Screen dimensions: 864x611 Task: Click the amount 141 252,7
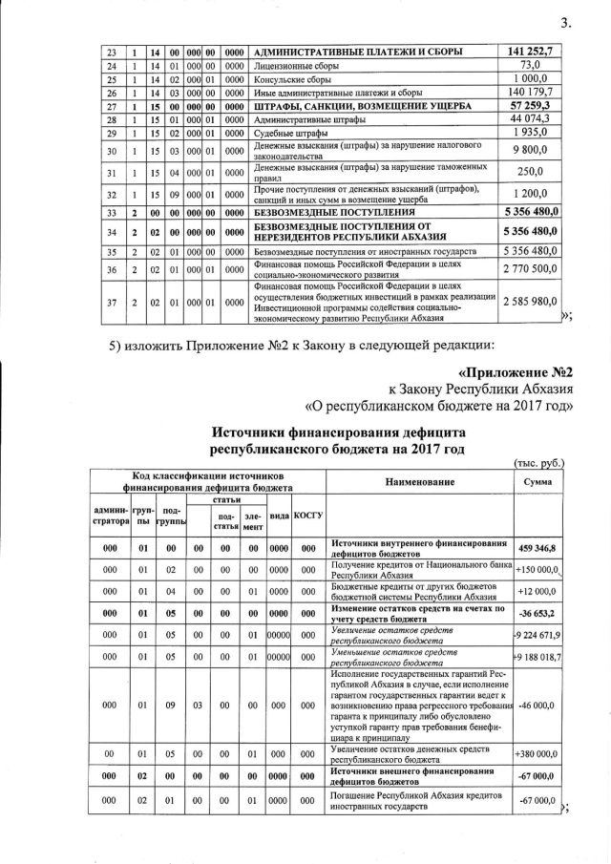click(x=539, y=51)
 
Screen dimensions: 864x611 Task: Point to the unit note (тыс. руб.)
click(x=539, y=463)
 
